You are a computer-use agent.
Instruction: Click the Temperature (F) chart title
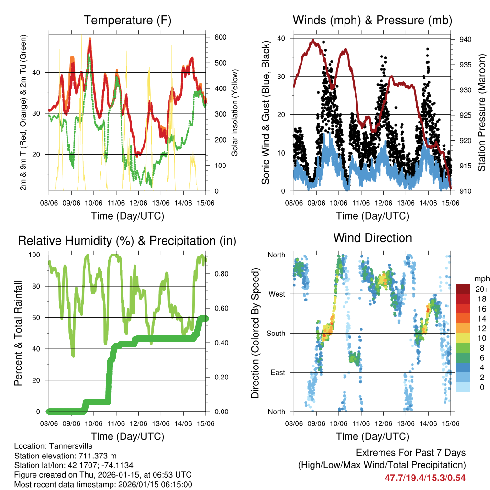pos(127,20)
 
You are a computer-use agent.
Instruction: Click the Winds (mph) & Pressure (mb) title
pos(372,20)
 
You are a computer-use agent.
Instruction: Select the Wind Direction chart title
pos(372,237)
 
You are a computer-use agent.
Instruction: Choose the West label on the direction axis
pos(276,294)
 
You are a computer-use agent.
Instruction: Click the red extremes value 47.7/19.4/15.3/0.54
pos(425,478)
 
